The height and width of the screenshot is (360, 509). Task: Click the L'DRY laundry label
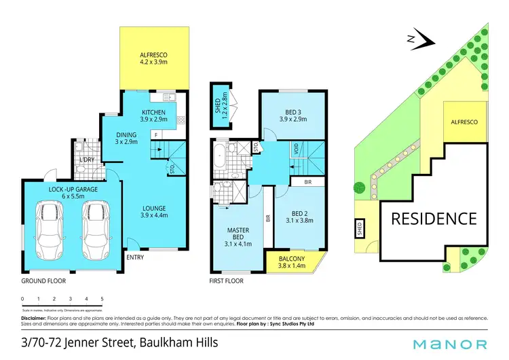tap(86, 160)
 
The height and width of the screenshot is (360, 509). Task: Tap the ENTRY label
tap(135, 257)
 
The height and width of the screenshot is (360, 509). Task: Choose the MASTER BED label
tap(239, 236)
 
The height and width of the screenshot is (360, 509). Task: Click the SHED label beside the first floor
tap(219, 105)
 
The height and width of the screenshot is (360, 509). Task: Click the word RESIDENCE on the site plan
tap(433, 219)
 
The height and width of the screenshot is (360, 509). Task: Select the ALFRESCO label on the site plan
tap(465, 121)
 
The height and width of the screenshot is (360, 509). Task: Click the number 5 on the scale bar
tap(102, 299)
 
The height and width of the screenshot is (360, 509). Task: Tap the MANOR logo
tap(451, 344)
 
